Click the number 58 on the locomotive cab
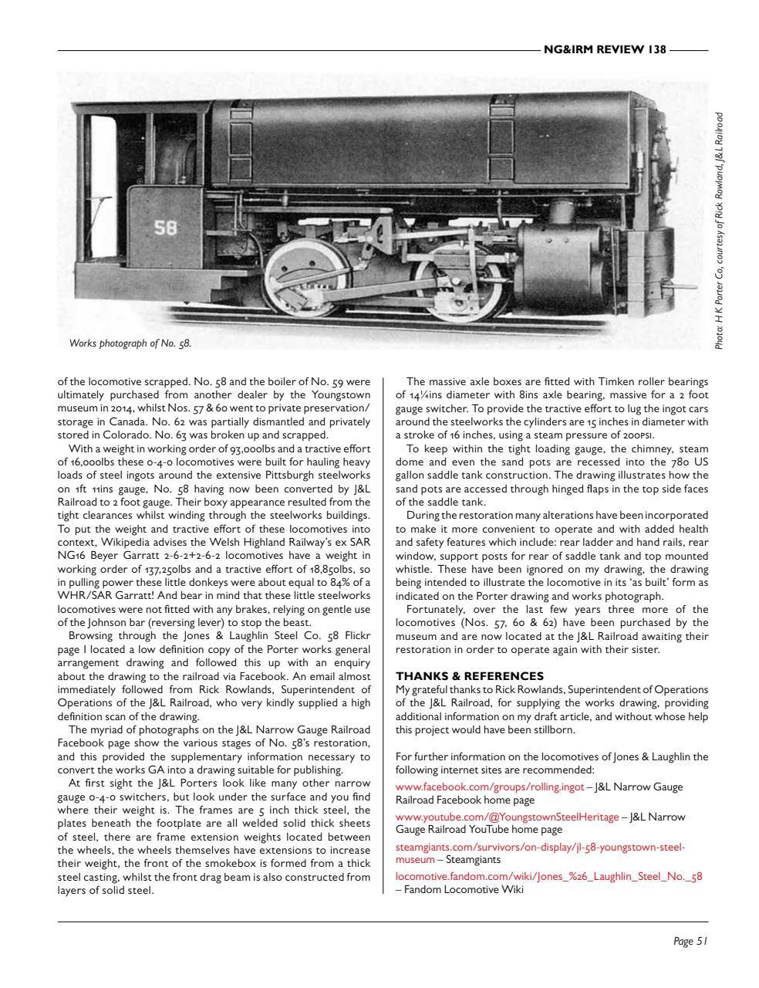click(x=166, y=228)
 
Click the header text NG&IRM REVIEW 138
click(x=604, y=49)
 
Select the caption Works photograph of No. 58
click(x=130, y=343)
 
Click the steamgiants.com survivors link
click(x=539, y=847)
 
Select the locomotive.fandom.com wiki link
click(x=548, y=876)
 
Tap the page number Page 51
click(x=690, y=941)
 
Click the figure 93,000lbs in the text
click(x=261, y=448)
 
